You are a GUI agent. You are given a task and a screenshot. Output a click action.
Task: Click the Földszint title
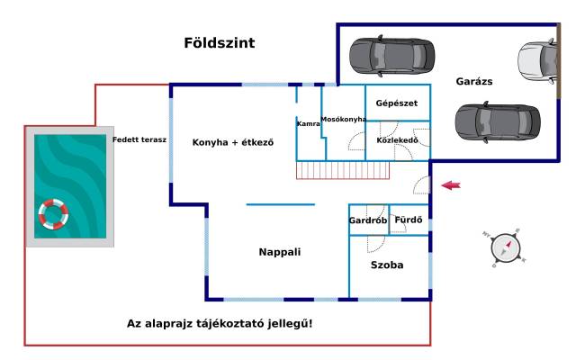(x=219, y=42)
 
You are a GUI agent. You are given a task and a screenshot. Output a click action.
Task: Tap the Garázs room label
(x=473, y=81)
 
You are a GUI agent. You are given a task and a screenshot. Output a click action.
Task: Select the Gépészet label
(x=397, y=103)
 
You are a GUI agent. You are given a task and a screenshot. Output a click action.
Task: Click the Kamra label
(x=309, y=123)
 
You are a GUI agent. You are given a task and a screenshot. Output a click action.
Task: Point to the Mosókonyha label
(x=344, y=119)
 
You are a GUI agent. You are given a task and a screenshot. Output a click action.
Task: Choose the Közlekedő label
(x=397, y=141)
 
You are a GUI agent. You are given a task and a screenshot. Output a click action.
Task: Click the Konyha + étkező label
(x=232, y=142)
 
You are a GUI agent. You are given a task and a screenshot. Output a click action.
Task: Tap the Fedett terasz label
(x=139, y=139)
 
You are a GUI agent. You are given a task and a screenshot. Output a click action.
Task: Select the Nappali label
(x=279, y=252)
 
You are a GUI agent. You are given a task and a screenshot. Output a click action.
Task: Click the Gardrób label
(x=367, y=220)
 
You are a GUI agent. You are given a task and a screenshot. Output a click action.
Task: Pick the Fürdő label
(x=409, y=220)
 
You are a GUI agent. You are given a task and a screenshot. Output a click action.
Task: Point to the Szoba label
(x=387, y=265)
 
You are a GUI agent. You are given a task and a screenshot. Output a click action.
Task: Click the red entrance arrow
(x=452, y=185)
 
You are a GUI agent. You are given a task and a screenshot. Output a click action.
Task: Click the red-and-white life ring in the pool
(x=53, y=213)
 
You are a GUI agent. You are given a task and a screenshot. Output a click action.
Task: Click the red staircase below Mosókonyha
(x=342, y=169)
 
